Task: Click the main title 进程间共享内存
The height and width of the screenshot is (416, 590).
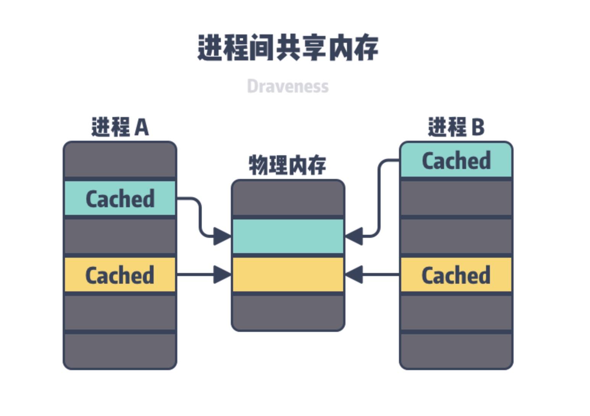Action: [x=288, y=48]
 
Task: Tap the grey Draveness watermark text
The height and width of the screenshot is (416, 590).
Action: [x=288, y=86]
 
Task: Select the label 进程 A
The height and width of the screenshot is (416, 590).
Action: [x=120, y=127]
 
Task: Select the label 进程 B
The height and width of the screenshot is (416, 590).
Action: [x=456, y=127]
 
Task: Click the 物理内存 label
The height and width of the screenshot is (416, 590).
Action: [x=287, y=165]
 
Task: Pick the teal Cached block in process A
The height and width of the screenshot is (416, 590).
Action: [x=120, y=198]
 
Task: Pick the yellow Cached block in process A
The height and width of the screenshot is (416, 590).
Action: [x=120, y=275]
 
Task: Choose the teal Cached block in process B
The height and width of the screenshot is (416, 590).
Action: [x=456, y=160]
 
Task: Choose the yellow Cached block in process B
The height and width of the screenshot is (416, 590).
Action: [x=456, y=275]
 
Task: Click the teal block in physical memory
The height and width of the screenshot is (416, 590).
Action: [x=288, y=236]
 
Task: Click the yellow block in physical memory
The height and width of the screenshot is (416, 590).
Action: [x=288, y=275]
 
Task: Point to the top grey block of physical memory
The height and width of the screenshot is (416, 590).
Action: [x=288, y=198]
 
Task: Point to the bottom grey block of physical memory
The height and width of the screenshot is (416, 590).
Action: [x=288, y=312]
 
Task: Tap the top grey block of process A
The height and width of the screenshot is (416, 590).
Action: [x=120, y=160]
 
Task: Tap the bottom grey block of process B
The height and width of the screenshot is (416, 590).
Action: [x=456, y=351]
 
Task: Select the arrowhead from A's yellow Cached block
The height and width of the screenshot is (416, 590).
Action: [x=222, y=275]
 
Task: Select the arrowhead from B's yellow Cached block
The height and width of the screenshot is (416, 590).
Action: [x=354, y=275]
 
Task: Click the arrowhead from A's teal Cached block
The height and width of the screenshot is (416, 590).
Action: [x=222, y=236]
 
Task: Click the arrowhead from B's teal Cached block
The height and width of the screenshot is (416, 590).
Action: [x=354, y=236]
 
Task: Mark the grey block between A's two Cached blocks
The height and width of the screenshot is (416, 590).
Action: [x=120, y=236]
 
